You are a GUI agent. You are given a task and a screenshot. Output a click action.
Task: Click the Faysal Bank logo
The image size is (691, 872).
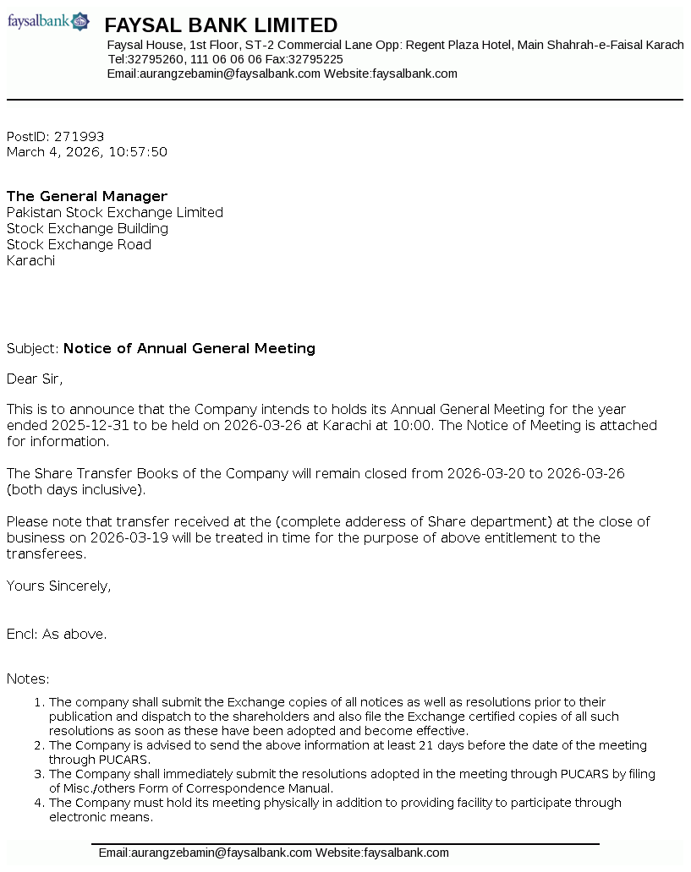click(48, 21)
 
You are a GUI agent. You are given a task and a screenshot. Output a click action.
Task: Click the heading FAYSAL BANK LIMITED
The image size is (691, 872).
click(221, 25)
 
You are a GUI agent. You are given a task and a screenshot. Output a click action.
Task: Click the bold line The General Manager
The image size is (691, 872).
click(87, 197)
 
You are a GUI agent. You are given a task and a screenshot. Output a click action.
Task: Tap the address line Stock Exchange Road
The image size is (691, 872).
click(79, 245)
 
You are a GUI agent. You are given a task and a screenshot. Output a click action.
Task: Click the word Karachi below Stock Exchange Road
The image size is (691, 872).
click(30, 261)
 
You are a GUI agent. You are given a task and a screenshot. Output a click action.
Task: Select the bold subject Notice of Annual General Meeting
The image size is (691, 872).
click(189, 348)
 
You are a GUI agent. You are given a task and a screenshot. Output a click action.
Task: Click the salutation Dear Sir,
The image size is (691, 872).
click(35, 379)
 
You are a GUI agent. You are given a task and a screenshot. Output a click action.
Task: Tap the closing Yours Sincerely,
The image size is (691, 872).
click(58, 586)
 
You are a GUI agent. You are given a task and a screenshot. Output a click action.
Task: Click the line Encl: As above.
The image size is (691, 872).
click(57, 634)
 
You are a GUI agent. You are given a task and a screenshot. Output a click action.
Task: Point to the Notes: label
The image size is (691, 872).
click(28, 679)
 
